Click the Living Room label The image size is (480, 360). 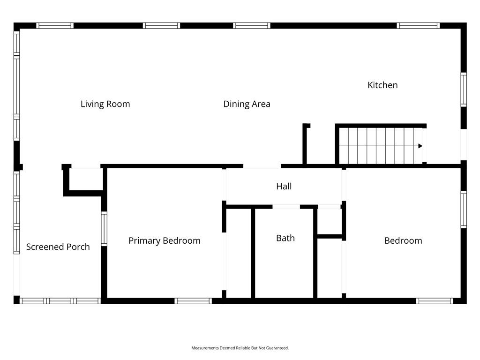point(105,104)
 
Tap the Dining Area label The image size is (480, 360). point(247,104)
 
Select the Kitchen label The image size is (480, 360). point(382,85)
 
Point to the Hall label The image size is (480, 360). point(284,186)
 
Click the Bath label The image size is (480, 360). point(285,238)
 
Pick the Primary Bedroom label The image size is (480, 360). point(165,240)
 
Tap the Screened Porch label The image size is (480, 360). point(58,247)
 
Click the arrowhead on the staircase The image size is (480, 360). point(420,146)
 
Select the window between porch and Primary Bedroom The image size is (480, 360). point(104,229)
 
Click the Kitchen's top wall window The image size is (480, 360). point(418,26)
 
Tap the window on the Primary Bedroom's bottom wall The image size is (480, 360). point(193,301)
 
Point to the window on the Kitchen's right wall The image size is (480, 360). point(464,90)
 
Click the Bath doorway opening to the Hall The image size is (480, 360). point(286,207)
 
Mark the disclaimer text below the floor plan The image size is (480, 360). point(240,348)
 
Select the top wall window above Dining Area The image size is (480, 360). point(252,26)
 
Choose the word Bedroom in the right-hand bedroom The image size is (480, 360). point(403,240)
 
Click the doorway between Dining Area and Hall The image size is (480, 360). point(262,166)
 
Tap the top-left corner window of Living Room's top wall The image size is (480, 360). point(55,26)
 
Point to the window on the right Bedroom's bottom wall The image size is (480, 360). point(435,301)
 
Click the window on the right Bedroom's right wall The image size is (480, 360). point(464,210)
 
